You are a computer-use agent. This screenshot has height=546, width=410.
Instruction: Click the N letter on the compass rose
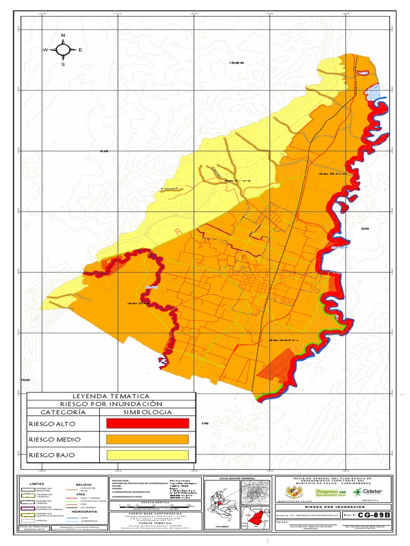click(63, 36)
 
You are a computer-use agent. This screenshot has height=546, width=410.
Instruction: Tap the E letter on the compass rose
click(81, 50)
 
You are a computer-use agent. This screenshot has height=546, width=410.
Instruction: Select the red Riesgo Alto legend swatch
click(148, 423)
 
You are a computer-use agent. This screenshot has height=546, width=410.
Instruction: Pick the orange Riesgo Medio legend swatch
click(148, 439)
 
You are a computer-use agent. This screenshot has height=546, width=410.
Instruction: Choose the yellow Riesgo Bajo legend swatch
click(148, 455)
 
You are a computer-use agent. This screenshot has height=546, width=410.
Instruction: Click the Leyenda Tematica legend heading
click(111, 396)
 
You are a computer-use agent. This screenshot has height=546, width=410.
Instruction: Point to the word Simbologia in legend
click(148, 412)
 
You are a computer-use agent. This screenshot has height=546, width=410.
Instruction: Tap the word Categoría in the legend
click(63, 412)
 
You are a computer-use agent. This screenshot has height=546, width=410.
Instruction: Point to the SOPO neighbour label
click(365, 229)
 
